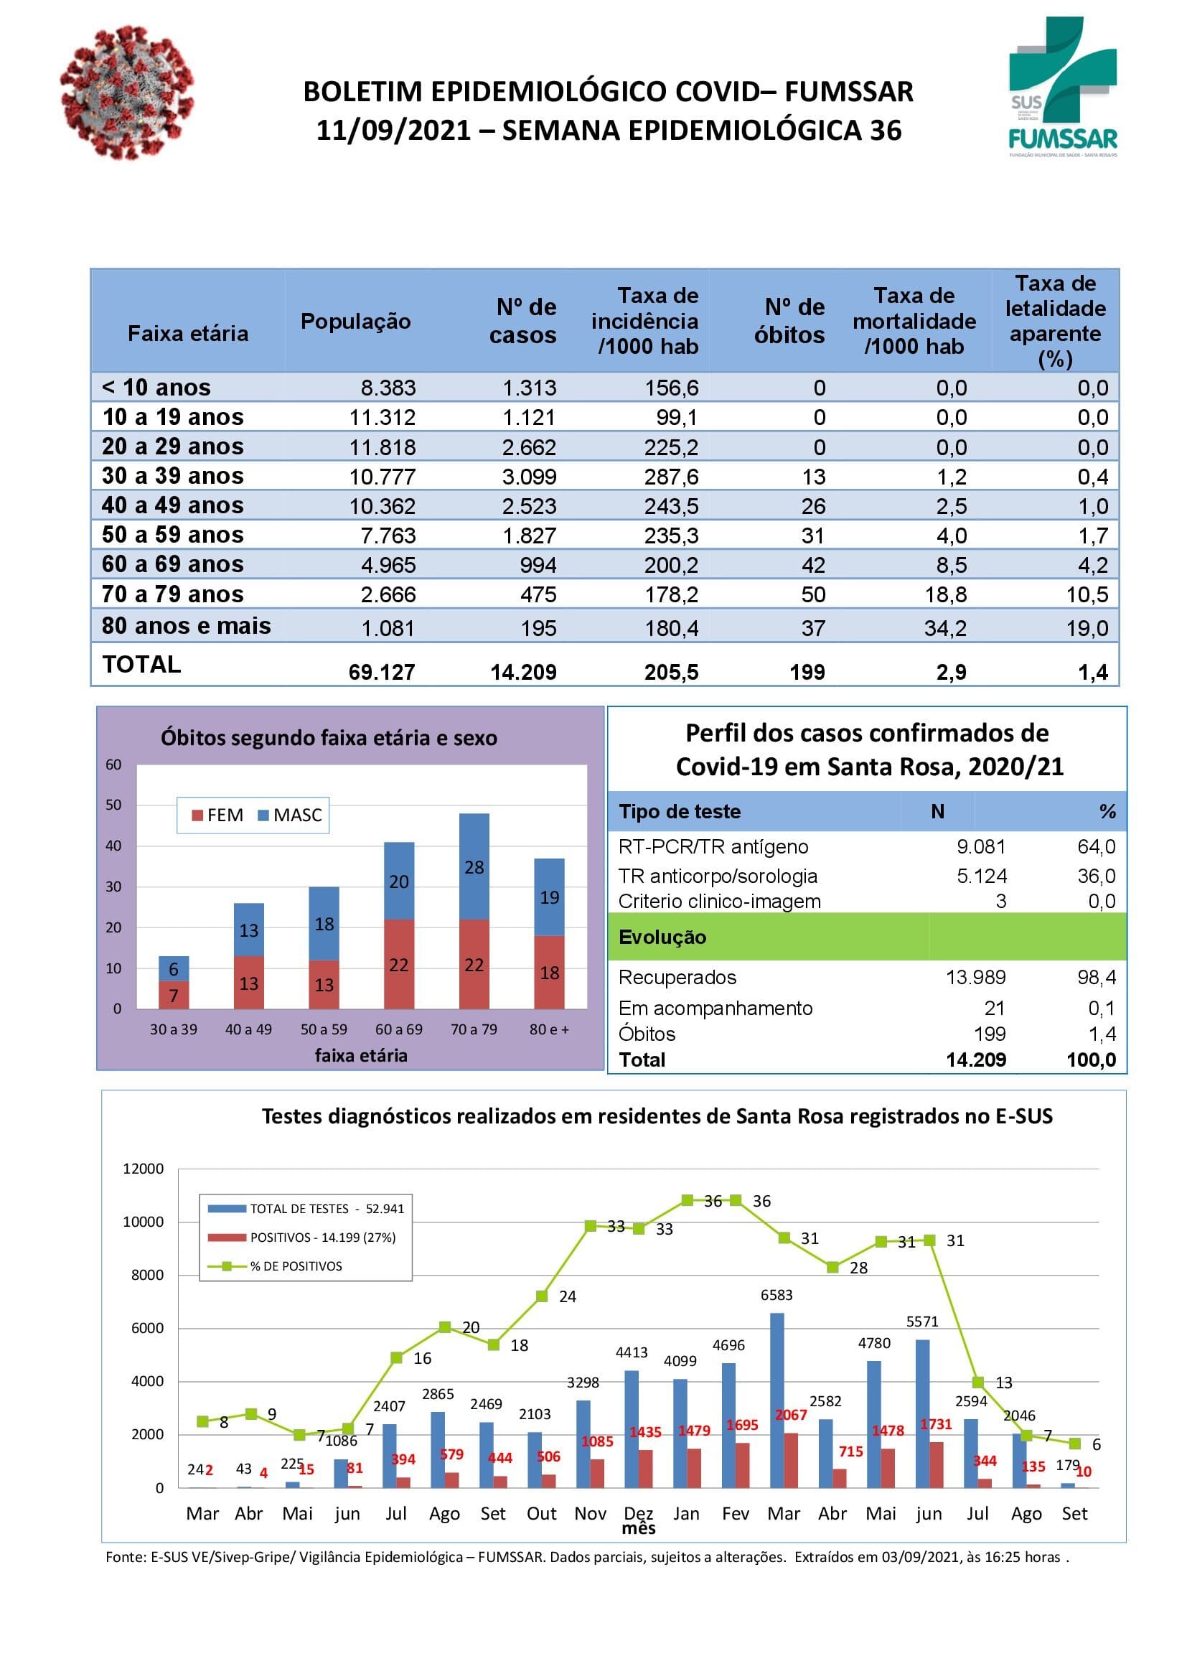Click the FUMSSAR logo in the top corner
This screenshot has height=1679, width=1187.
pyautogui.click(x=1063, y=86)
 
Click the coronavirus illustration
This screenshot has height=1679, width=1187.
pyautogui.click(x=127, y=90)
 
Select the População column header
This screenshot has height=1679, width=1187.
pyautogui.click(x=355, y=321)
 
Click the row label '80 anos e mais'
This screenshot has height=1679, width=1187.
pyautogui.click(x=187, y=626)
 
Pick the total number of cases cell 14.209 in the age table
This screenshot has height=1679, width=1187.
pyautogui.click(x=523, y=672)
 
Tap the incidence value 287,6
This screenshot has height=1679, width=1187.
pyautogui.click(x=671, y=477)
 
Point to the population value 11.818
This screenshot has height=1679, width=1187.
pyautogui.click(x=383, y=446)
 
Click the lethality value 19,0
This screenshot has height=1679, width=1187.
pyautogui.click(x=1087, y=628)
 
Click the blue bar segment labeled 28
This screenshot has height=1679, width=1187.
pyautogui.click(x=474, y=866)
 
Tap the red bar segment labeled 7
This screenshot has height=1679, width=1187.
pyautogui.click(x=173, y=995)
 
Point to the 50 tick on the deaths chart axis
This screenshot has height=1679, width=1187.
pyautogui.click(x=113, y=805)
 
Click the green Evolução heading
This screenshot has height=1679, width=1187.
pyautogui.click(x=662, y=937)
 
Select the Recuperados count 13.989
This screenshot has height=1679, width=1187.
pyautogui.click(x=976, y=977)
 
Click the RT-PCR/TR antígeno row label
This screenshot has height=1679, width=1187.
pyautogui.click(x=713, y=847)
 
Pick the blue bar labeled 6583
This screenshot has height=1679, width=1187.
pyautogui.click(x=777, y=1400)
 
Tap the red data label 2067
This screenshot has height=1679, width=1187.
pyautogui.click(x=791, y=1415)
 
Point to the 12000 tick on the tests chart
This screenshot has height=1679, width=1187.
pyautogui.click(x=144, y=1169)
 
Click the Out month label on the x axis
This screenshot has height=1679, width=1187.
pyautogui.click(x=542, y=1514)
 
